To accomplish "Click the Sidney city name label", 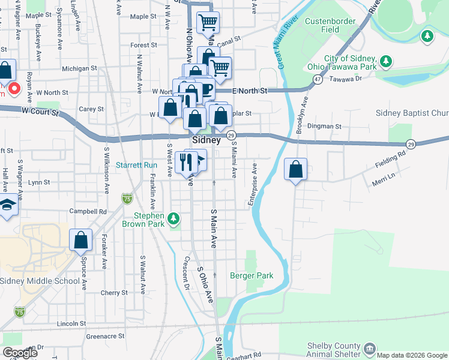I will pyautogui.click(x=206, y=139).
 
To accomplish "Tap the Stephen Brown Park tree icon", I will pyautogui.click(x=173, y=217).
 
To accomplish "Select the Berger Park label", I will pyautogui.click(x=252, y=276).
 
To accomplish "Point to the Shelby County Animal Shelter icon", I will pyautogui.click(x=369, y=348).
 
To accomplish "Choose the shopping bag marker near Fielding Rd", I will pyautogui.click(x=296, y=170).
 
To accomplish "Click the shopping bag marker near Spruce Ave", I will pyautogui.click(x=80, y=241).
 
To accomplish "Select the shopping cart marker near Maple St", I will pyautogui.click(x=208, y=23).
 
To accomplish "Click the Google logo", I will pyautogui.click(x=19, y=353).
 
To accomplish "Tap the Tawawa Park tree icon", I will pyautogui.click(x=387, y=62).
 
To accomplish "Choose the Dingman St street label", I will pyautogui.click(x=324, y=127).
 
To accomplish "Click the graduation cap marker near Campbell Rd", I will pyautogui.click(x=8, y=205).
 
